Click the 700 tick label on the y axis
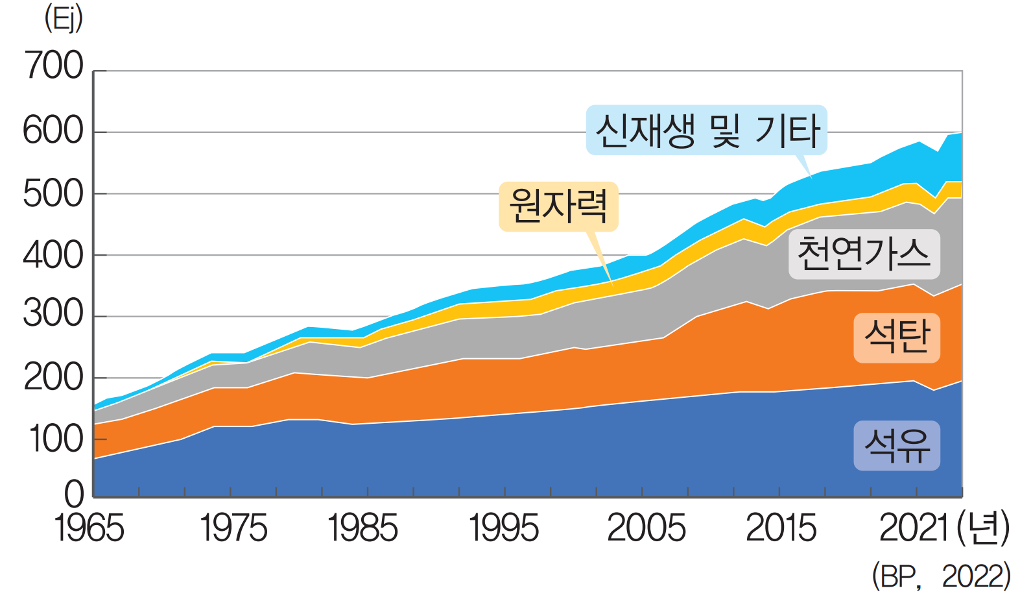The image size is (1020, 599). (54, 66)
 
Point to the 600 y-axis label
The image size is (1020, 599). (54, 130)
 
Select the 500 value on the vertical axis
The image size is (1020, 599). (54, 193)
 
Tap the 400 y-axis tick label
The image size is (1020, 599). (54, 256)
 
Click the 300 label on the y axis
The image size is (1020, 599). (54, 315)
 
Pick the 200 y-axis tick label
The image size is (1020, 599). (54, 378)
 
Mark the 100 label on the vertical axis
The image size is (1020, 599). (57, 439)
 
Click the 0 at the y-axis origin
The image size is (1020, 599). (75, 494)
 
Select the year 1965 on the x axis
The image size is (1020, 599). (89, 528)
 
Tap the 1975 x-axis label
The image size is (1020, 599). (233, 528)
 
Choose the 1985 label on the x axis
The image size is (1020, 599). (363, 528)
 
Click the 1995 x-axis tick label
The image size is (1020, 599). (504, 528)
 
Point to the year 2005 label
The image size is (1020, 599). (646, 528)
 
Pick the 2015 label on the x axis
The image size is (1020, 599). (781, 528)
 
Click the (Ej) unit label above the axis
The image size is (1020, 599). (64, 19)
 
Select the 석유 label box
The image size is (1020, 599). (897, 446)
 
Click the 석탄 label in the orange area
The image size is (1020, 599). (897, 337)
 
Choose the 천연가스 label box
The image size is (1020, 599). (864, 254)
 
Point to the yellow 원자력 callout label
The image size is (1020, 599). (558, 206)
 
